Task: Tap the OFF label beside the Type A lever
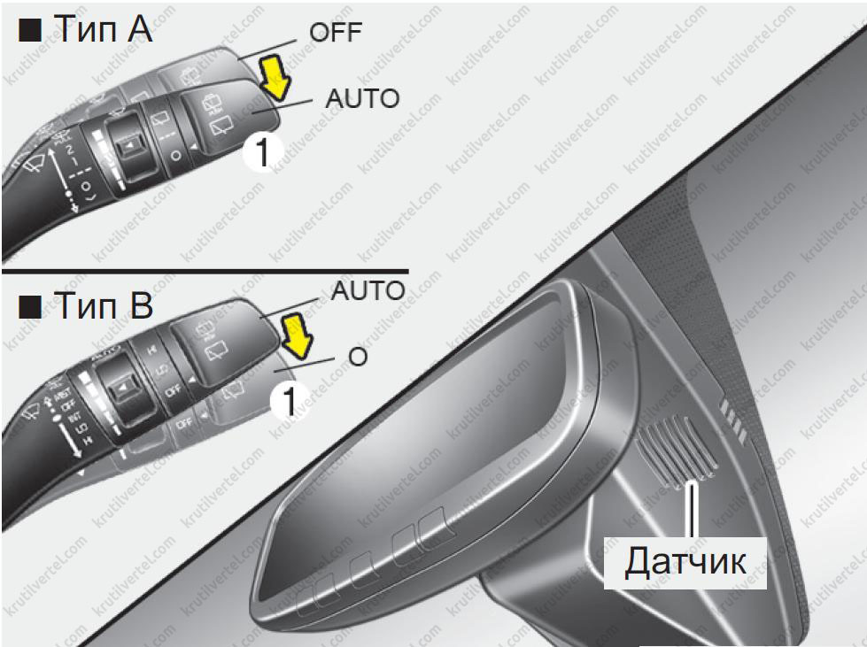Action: pyautogui.click(x=336, y=34)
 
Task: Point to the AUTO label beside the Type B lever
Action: pyautogui.click(x=368, y=290)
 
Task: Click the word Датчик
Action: pyautogui.click(x=685, y=560)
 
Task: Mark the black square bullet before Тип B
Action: pyautogui.click(x=30, y=307)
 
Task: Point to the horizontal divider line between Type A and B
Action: pyautogui.click(x=204, y=268)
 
